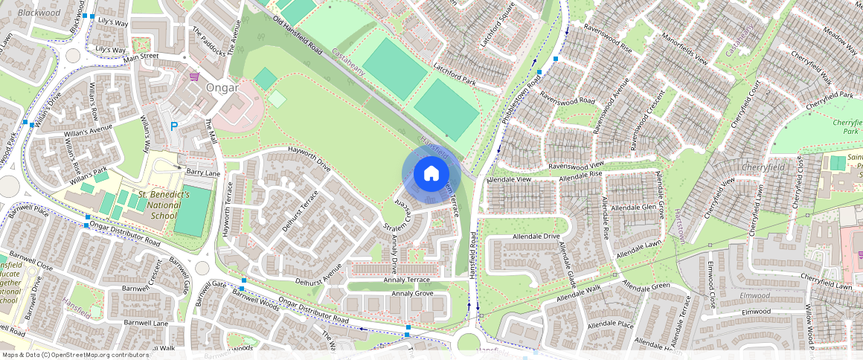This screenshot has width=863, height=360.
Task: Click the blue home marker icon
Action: (431, 174)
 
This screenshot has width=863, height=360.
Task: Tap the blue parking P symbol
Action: (174, 126)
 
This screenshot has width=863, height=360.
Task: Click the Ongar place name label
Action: (222, 88)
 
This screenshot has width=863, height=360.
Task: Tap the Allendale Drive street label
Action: (536, 237)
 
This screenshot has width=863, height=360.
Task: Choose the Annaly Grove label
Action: (413, 294)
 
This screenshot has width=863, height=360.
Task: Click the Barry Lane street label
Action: (203, 173)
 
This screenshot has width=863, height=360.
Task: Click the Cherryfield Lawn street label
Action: (827, 286)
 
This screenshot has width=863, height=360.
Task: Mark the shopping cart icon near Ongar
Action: (195, 76)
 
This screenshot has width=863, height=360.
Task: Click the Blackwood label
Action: (39, 13)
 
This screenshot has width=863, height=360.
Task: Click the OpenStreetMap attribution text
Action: (75, 355)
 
